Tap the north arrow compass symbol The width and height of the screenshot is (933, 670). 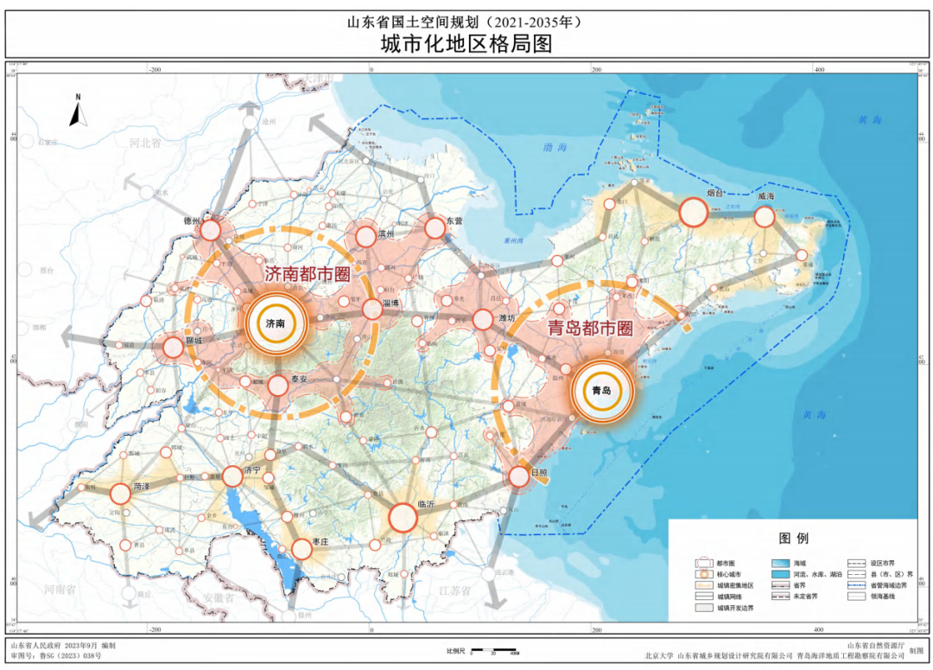76,111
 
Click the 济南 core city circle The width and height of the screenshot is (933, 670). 277,323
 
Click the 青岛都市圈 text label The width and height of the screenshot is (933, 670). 591,329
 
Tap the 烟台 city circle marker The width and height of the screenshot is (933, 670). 694,212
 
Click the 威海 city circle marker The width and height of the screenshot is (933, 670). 765,216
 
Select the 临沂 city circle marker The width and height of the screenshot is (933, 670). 403,518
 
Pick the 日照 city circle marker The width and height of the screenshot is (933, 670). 518,475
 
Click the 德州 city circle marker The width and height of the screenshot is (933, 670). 210,231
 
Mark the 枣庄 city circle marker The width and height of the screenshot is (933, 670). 301,548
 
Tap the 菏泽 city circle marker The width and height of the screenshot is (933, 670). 120,495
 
